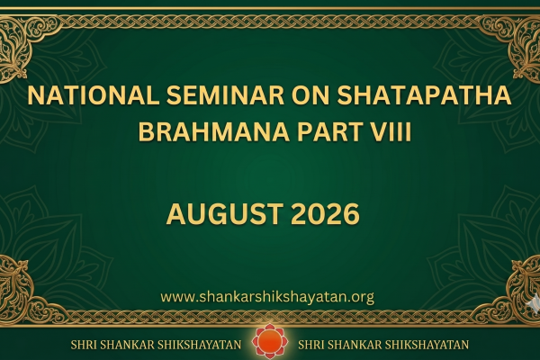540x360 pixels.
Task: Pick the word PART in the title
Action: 331,132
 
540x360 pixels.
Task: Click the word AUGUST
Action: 225,214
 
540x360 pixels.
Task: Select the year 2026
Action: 326,214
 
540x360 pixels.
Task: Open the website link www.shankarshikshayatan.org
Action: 267,297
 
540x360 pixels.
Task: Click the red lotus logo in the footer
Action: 270,341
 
